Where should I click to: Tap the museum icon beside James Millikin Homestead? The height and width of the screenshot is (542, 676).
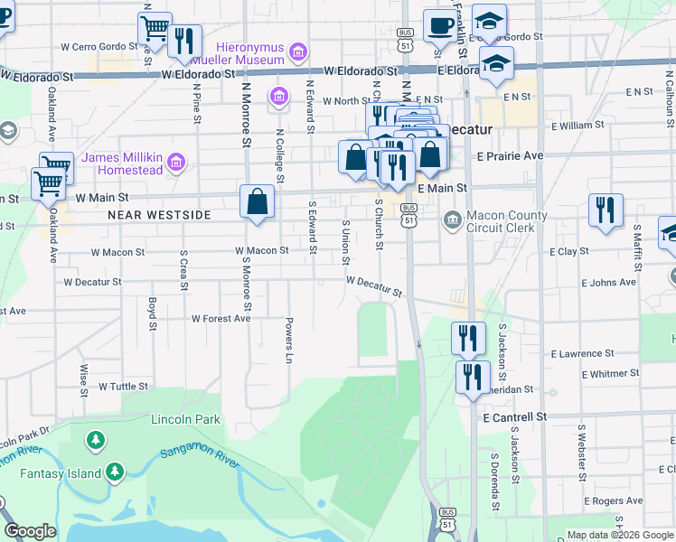click(177, 164)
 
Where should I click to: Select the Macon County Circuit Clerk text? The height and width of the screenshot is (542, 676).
click(506, 222)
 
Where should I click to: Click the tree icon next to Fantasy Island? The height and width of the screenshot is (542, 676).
click(115, 472)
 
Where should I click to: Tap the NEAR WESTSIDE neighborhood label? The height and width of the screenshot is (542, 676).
click(158, 215)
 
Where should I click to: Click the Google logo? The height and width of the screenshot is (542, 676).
click(30, 531)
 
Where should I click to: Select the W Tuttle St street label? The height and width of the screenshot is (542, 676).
click(123, 386)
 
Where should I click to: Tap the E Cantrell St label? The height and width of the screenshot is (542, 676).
click(515, 417)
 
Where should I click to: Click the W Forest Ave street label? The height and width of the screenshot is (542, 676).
click(221, 319)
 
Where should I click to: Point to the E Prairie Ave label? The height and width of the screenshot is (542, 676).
click(510, 155)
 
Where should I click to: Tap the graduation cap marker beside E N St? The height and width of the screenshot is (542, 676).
click(496, 66)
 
